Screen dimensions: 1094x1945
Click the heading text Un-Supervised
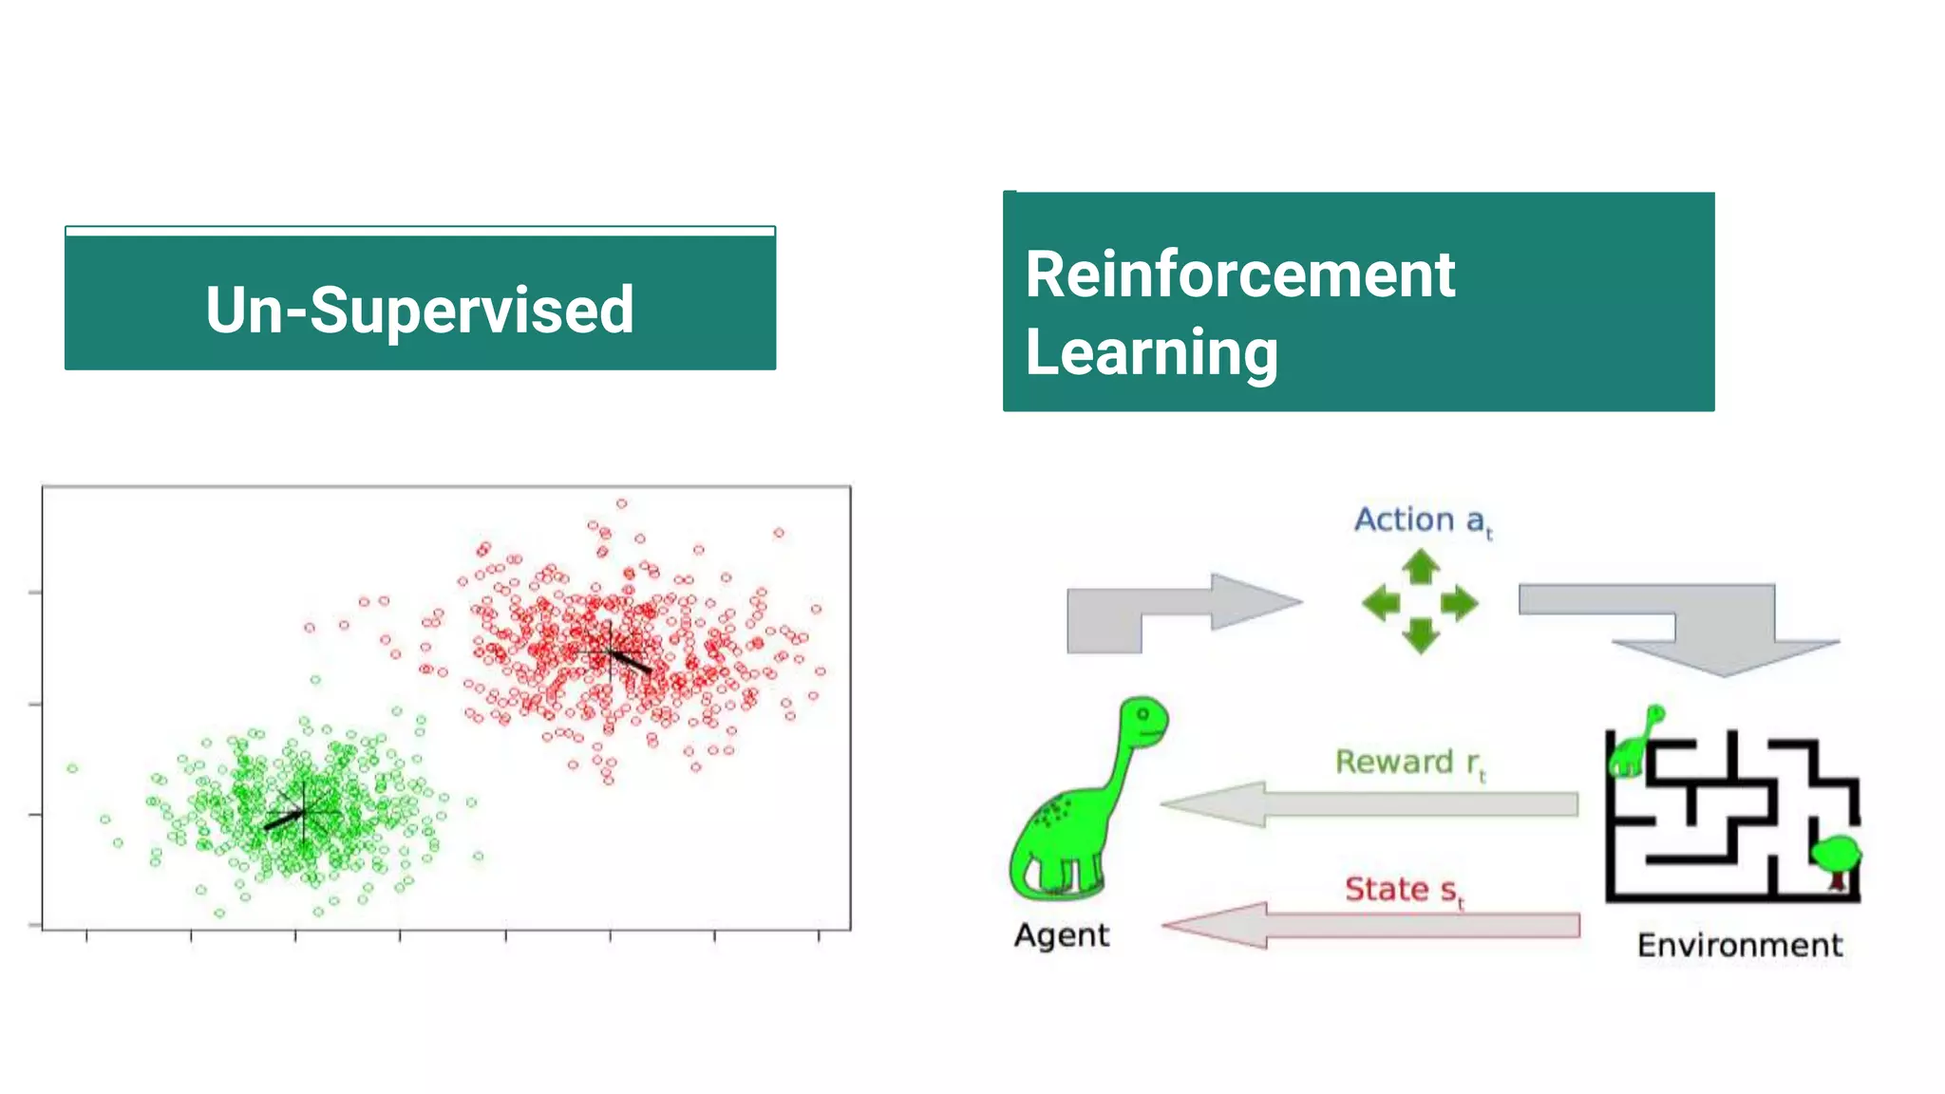[419, 310]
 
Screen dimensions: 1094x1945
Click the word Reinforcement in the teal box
[1239, 274]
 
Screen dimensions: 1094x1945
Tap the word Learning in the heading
[1151, 352]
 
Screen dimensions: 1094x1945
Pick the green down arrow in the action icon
[1421, 635]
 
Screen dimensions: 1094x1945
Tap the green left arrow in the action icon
[1381, 602]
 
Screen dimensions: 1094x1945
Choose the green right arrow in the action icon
[1460, 602]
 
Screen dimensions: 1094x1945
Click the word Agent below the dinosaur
[1061, 935]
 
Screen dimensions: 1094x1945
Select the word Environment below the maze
[1739, 945]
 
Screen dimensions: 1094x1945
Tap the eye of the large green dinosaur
[1143, 713]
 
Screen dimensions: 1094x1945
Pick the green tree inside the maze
[1836, 858]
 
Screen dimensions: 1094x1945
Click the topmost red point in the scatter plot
[621, 503]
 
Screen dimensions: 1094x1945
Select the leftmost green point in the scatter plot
[72, 767]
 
